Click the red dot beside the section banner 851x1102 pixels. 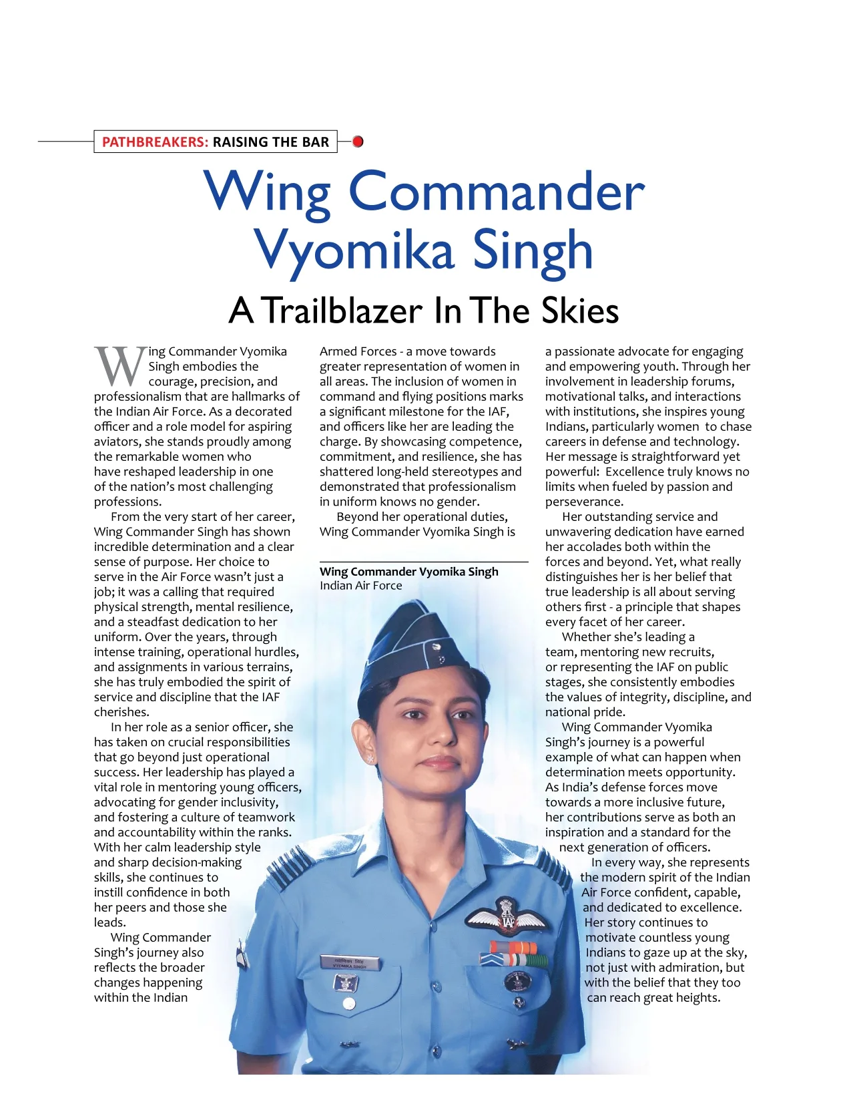[358, 142]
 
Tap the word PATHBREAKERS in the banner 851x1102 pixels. [155, 142]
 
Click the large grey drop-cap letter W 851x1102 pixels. [120, 365]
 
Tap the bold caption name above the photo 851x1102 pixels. [408, 572]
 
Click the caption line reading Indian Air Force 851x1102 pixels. [360, 586]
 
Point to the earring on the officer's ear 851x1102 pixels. [370, 759]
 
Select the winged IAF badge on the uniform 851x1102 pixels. [507, 916]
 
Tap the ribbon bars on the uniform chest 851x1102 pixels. [513, 954]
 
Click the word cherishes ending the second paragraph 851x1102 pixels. [121, 712]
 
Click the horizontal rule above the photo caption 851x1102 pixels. [423, 562]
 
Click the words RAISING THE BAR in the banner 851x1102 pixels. [270, 142]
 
